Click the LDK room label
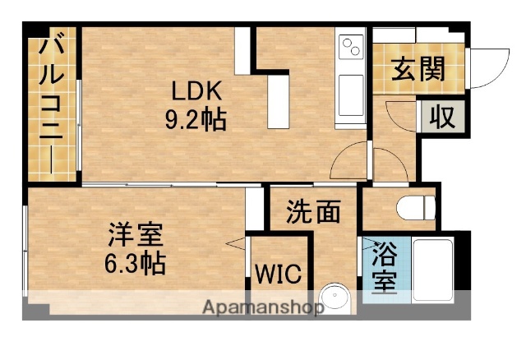pos(197,90)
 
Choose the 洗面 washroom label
pos(313,212)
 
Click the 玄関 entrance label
pos(418,70)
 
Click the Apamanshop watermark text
pos(264,309)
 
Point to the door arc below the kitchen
pos(349,159)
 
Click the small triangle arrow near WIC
pos(238,242)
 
